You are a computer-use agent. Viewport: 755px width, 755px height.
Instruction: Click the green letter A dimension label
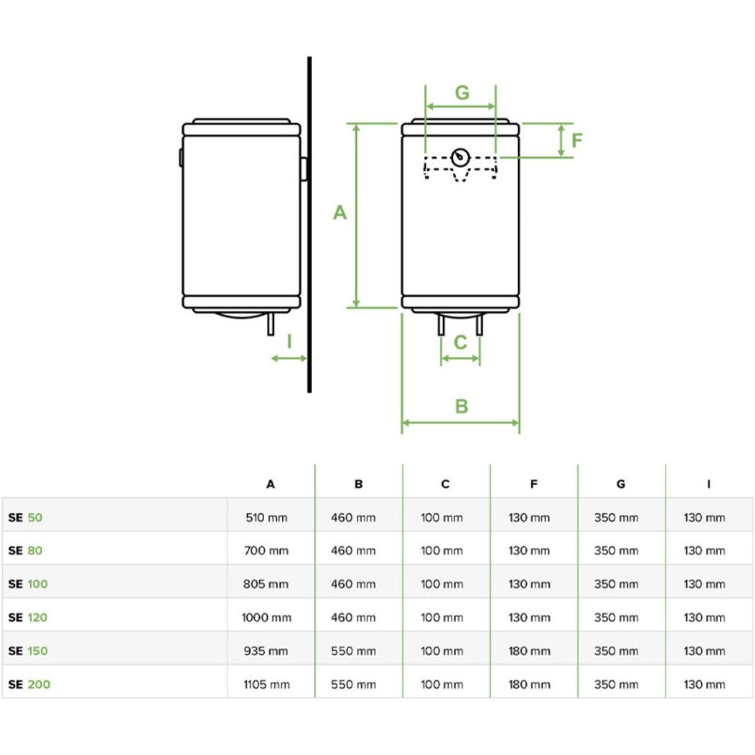coord(340,213)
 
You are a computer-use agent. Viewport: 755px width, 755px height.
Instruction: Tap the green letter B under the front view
coord(461,406)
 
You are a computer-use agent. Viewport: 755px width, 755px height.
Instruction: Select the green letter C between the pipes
coord(460,342)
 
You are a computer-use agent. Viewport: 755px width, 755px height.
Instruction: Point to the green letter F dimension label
coord(577,141)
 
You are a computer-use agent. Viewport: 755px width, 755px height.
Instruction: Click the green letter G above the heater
coord(462,93)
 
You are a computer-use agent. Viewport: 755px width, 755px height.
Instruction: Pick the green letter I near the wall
coord(289,341)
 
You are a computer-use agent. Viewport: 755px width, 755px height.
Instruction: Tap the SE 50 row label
coord(26,517)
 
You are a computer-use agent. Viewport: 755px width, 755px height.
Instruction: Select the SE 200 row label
coord(29,684)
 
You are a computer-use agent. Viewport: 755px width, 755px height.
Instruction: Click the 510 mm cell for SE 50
coord(266,517)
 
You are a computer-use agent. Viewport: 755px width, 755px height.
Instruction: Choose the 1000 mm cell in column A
coord(266,618)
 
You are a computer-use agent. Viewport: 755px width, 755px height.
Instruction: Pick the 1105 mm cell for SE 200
coord(266,684)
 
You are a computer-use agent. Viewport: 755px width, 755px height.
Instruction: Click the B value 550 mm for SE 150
coord(353,651)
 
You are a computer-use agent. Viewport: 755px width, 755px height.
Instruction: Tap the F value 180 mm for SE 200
coord(528,684)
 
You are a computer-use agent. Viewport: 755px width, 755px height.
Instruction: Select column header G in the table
coord(621,484)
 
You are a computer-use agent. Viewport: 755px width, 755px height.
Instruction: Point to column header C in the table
coord(445,484)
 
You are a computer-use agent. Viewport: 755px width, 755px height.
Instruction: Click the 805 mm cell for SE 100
coord(266,584)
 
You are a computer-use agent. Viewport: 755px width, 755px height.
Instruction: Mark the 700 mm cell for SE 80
coord(266,551)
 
